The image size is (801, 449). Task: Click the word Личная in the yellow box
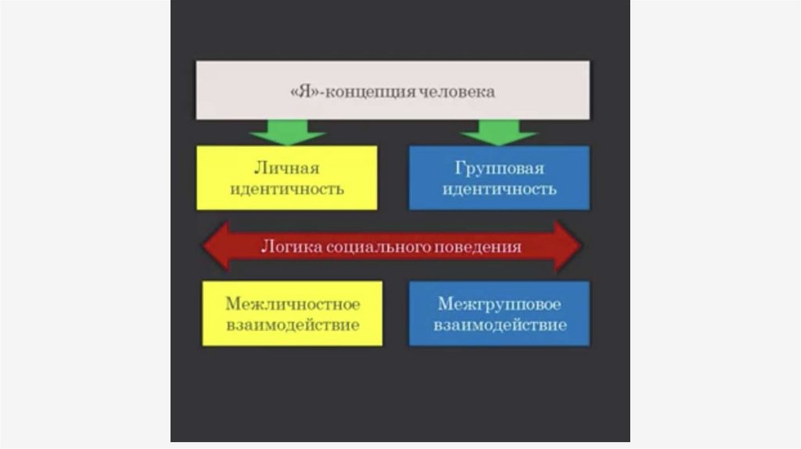pos(287,168)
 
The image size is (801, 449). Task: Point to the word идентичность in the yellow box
pos(287,189)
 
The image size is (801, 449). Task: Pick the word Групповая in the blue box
pos(499,168)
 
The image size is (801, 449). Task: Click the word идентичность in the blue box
pos(499,189)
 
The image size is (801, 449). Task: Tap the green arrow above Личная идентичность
pos(287,132)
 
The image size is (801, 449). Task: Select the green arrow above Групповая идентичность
pos(498,132)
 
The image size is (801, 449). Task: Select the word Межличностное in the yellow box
pos(293,304)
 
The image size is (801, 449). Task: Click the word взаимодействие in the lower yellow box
pos(293,325)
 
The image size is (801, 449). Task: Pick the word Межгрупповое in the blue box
pos(499,304)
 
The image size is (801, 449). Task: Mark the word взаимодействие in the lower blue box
pos(499,325)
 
